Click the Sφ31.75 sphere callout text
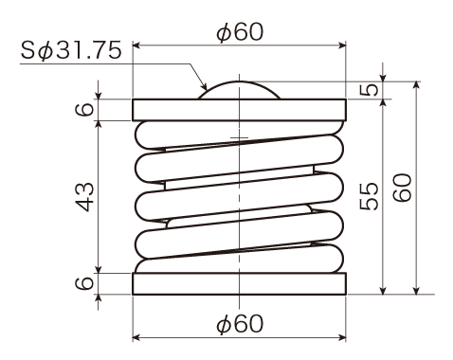click(x=71, y=50)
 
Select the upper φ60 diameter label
click(x=240, y=31)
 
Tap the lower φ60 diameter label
click(x=240, y=324)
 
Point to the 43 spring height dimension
click(x=85, y=197)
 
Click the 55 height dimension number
click(x=369, y=196)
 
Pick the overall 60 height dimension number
click(x=402, y=188)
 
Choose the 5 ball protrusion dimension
click(x=369, y=89)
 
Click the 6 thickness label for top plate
click(x=84, y=110)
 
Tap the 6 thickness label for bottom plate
click(x=84, y=283)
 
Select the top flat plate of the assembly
click(x=239, y=110)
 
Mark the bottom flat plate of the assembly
click(x=239, y=283)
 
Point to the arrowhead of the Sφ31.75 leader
click(x=205, y=86)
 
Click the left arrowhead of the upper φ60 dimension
click(x=136, y=45)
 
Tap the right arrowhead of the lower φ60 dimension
click(x=342, y=337)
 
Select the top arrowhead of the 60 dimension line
click(x=417, y=85)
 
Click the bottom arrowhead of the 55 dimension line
click(x=383, y=291)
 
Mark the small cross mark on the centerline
click(x=239, y=138)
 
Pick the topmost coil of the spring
click(x=239, y=135)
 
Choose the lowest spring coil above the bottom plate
click(x=239, y=259)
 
